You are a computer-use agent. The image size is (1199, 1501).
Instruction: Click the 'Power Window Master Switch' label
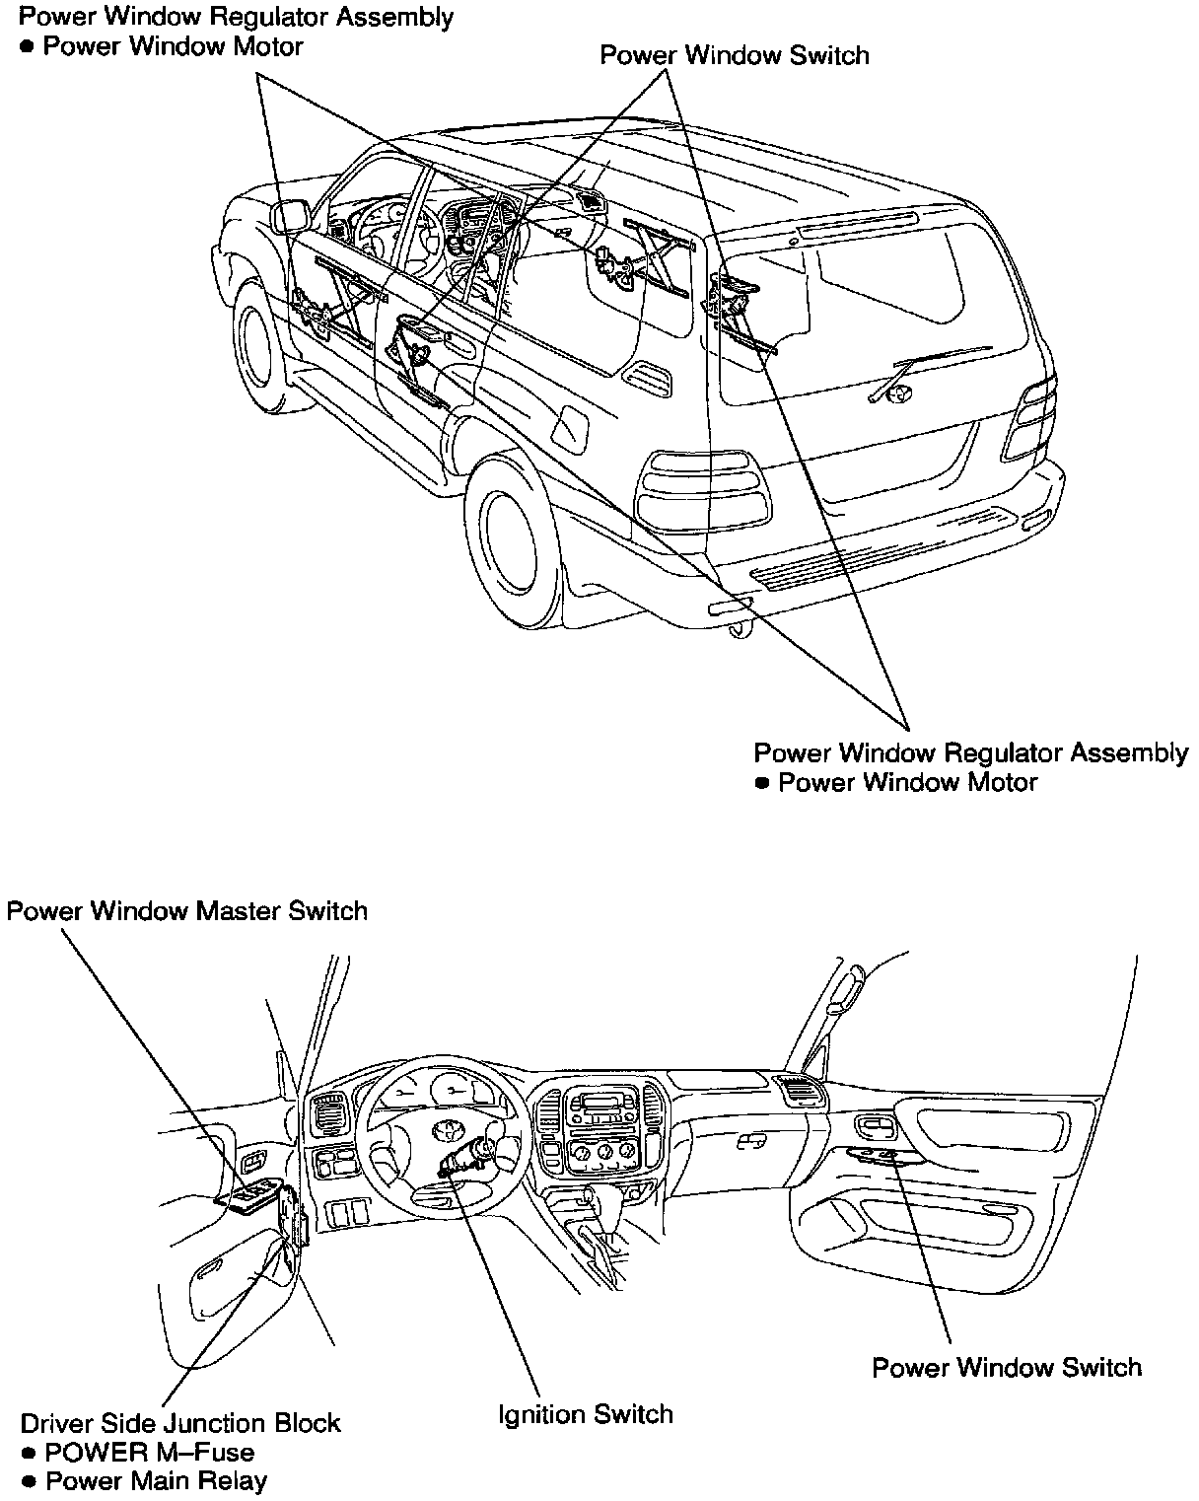pos(187,910)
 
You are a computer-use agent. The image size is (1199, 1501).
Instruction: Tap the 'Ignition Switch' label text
pos(586,1414)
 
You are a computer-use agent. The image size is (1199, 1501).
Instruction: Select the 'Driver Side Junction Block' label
pos(180,1423)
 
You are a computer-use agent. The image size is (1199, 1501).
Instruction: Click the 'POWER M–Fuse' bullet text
pos(150,1452)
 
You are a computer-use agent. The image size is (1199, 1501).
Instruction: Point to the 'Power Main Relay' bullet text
pos(157,1480)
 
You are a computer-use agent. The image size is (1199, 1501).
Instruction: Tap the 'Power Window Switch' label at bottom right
pos(1007,1367)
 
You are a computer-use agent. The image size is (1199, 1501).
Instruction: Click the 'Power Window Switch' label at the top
pos(735,55)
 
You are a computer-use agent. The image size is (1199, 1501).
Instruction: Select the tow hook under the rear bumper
pos(735,629)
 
